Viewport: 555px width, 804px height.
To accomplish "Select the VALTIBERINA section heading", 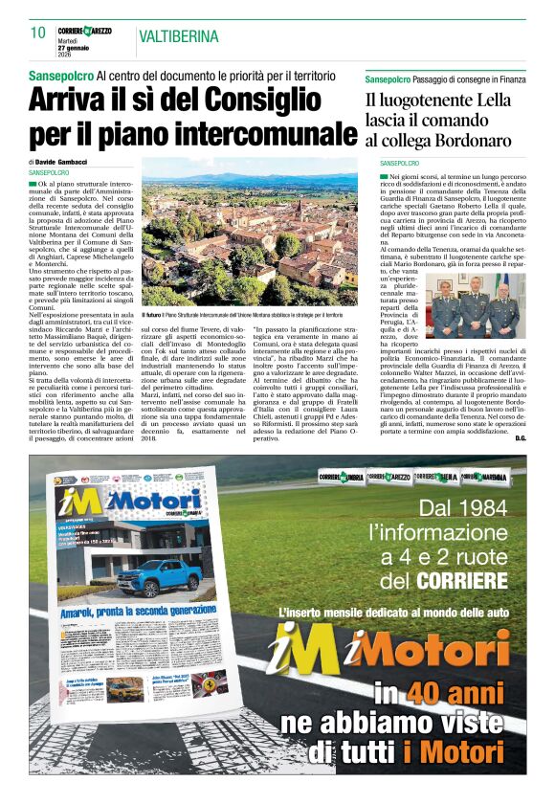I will (x=178, y=36).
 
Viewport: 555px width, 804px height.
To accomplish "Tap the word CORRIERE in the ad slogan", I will (x=458, y=580).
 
